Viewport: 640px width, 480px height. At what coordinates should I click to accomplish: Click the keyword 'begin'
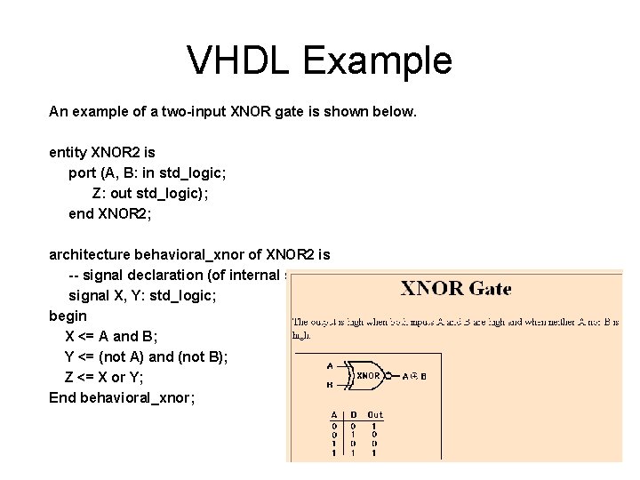pyautogui.click(x=68, y=316)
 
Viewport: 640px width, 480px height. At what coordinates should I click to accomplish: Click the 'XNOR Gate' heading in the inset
pyautogui.click(x=457, y=289)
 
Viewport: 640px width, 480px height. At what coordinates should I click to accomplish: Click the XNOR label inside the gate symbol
pyautogui.click(x=369, y=375)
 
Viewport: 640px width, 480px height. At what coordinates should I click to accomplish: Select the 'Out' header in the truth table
pyautogui.click(x=375, y=414)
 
